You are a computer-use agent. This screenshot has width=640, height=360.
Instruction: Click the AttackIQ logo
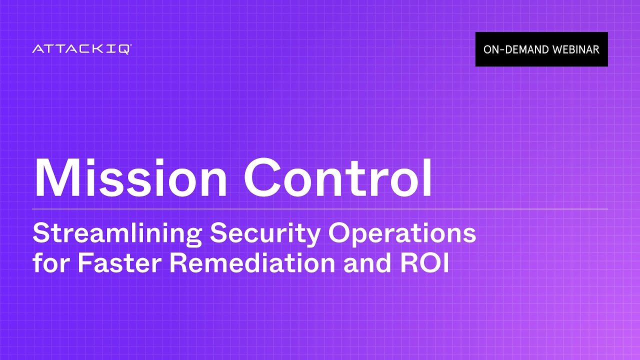82,49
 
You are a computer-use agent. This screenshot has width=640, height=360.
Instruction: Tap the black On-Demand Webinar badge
541,49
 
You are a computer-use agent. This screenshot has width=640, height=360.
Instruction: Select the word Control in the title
338,178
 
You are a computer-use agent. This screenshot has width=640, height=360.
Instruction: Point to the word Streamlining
117,233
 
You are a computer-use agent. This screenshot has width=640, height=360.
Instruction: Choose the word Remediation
252,263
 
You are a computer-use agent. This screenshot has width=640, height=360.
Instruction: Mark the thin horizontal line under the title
320,208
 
